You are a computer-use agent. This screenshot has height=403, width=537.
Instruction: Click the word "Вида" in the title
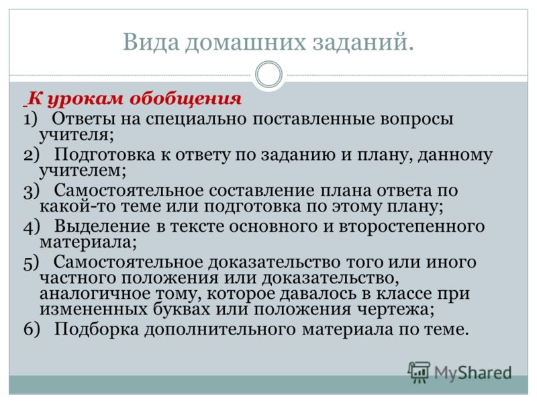(x=151, y=42)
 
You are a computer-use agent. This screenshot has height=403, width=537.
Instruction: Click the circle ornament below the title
(x=269, y=75)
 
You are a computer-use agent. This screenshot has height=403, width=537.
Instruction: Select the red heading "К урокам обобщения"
(x=134, y=99)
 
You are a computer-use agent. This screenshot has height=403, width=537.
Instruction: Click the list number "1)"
(x=30, y=120)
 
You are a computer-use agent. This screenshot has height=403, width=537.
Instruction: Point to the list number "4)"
(x=32, y=227)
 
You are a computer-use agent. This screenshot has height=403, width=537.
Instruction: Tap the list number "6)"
(x=32, y=329)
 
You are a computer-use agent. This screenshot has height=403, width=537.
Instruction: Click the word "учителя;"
(x=77, y=136)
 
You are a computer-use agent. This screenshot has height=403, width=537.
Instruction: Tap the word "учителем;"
(x=83, y=171)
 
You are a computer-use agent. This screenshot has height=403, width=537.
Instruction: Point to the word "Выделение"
(x=102, y=226)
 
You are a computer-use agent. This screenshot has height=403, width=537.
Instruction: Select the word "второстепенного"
(x=411, y=227)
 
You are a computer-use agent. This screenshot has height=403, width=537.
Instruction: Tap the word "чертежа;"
(x=395, y=310)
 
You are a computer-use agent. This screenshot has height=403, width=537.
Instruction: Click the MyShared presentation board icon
(x=419, y=371)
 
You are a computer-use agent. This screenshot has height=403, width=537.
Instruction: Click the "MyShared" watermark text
(x=473, y=373)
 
